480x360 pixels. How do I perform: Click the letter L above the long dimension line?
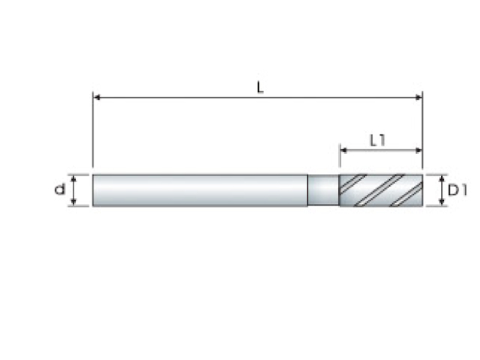point(260,88)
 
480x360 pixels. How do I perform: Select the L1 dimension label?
point(377,140)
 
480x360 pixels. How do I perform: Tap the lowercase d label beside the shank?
point(60,189)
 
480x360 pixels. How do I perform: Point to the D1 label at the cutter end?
point(457,190)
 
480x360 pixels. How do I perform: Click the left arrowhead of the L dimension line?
point(97,97)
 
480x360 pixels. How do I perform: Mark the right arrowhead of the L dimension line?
point(418,97)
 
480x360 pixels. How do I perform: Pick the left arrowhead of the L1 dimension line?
point(343,150)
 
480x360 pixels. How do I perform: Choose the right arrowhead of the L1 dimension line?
point(418,150)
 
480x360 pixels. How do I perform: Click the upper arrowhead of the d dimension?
point(73,178)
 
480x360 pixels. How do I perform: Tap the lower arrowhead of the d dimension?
point(73,202)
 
